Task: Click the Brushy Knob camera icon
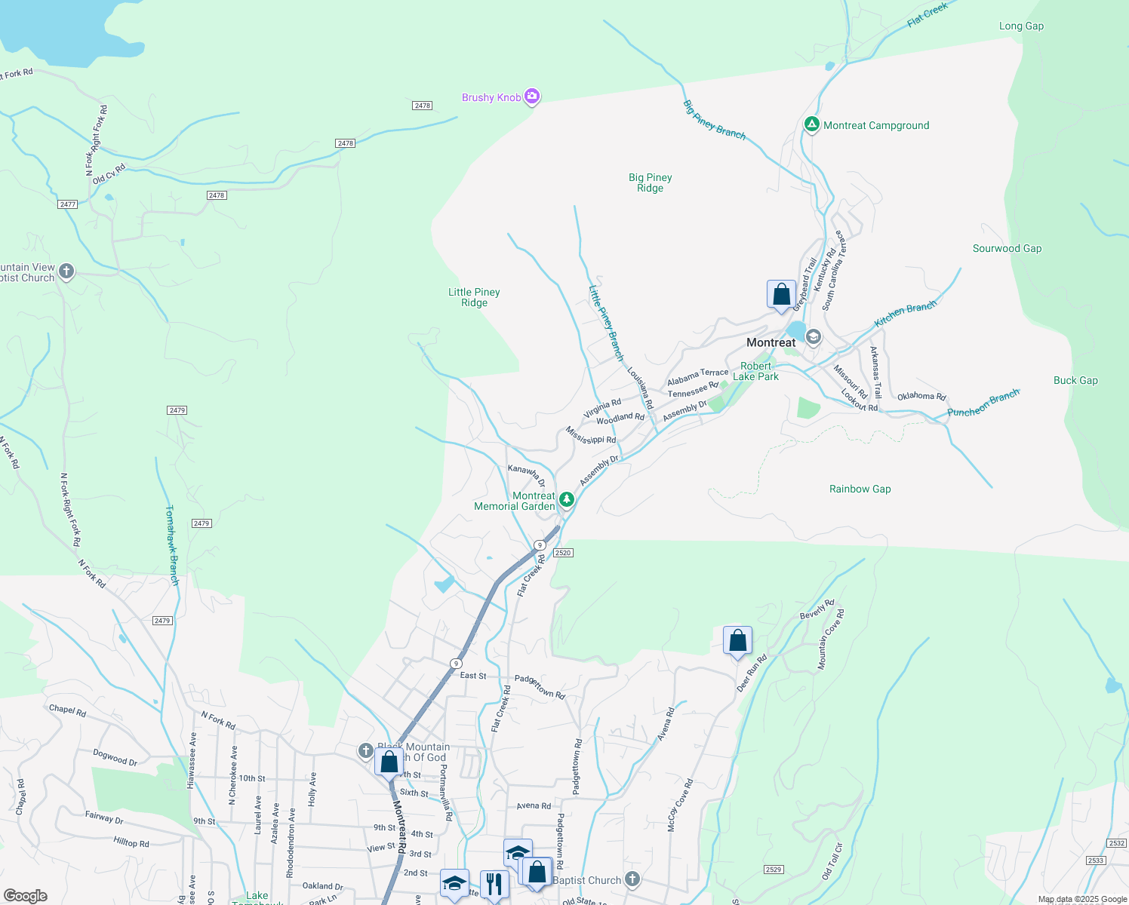(x=532, y=97)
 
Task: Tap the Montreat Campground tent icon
(x=811, y=124)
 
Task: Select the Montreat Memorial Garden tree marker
(x=566, y=499)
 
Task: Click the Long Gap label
(x=1021, y=26)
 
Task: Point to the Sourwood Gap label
(x=1007, y=249)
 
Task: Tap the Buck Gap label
(x=1075, y=381)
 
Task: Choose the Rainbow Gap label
(x=860, y=489)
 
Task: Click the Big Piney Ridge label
(x=650, y=183)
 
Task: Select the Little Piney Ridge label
(x=474, y=298)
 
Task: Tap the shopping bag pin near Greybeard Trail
(x=781, y=294)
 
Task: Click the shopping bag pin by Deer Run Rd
(x=737, y=641)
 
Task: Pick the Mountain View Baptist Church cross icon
(x=66, y=271)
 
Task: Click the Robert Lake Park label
(x=755, y=372)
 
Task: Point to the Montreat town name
(x=771, y=343)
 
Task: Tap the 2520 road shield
(x=563, y=553)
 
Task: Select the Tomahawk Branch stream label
(x=172, y=545)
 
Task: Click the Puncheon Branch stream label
(x=983, y=403)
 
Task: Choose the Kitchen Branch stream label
(x=905, y=314)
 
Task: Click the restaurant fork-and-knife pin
(x=494, y=883)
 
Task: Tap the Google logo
(x=26, y=896)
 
